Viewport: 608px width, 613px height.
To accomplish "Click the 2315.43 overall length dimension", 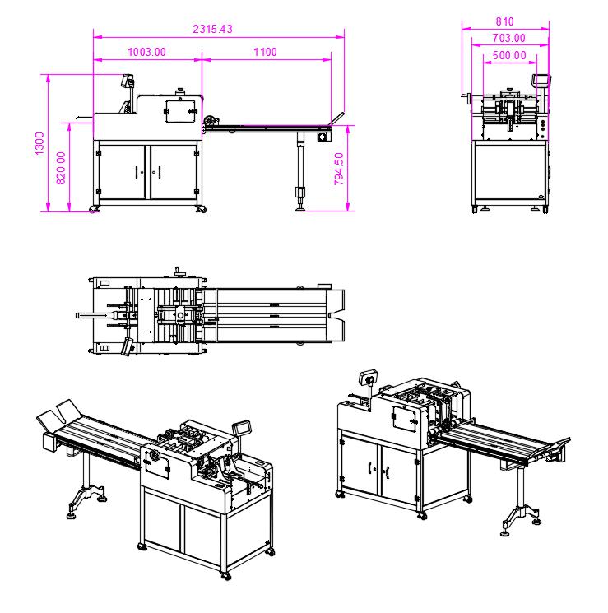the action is tap(212, 29).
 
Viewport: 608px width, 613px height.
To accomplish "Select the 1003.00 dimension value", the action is tap(146, 52).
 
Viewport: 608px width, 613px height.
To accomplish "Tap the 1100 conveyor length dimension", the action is tap(265, 52).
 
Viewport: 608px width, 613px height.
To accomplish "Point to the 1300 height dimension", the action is tap(39, 143).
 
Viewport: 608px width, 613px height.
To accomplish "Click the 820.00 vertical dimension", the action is tap(61, 168).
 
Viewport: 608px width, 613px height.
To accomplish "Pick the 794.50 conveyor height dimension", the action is tap(339, 169).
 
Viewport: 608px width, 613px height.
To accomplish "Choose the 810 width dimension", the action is tap(505, 21).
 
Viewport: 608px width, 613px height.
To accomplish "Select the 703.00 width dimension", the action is tap(508, 38).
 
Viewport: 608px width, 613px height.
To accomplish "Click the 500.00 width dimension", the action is tap(509, 55).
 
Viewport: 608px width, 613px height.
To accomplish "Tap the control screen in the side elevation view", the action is tap(128, 81).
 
